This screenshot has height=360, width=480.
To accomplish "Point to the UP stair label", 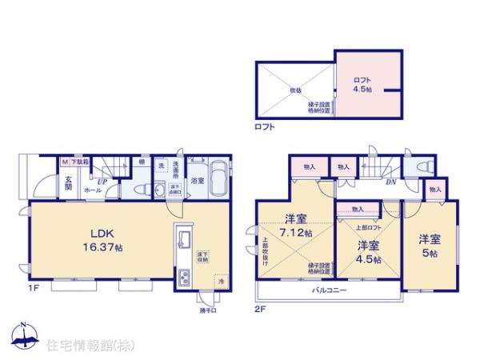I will click(x=102, y=182).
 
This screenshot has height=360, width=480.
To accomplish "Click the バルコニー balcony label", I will click(x=329, y=291).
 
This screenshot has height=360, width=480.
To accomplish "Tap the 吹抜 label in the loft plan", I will click(x=294, y=90).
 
